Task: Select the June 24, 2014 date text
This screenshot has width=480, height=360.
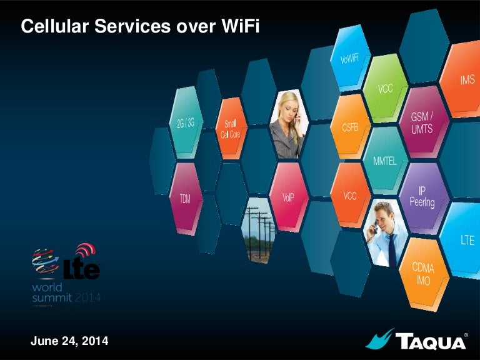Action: [69, 341]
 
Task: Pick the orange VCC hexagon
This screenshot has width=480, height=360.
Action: [349, 194]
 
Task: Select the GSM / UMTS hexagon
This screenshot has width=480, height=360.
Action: [421, 121]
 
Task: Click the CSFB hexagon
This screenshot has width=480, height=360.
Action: [350, 127]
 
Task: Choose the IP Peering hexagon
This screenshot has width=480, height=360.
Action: [422, 195]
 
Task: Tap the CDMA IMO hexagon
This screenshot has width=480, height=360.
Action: [421, 272]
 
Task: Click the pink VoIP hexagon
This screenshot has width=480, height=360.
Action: [287, 196]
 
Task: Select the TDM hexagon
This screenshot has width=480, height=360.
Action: [186, 198]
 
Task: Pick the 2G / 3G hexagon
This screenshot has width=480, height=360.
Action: [186, 122]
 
